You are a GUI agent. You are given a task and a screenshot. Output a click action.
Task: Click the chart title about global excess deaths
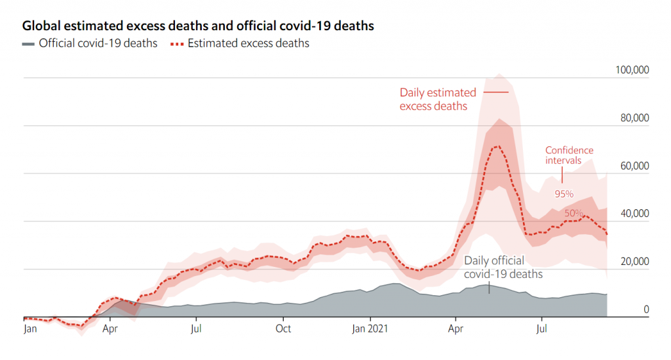point(199,26)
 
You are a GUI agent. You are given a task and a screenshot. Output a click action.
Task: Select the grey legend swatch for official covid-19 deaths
point(28,44)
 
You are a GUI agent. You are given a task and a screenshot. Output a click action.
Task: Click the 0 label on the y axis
point(645,309)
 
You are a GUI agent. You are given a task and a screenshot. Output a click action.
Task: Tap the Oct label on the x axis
point(283,329)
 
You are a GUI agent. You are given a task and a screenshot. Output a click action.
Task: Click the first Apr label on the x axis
point(111,329)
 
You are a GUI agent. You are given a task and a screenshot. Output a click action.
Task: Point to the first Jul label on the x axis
point(196,329)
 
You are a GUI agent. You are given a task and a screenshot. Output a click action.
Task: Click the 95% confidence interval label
point(564,194)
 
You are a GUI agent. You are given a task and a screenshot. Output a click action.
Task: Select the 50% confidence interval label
point(574,214)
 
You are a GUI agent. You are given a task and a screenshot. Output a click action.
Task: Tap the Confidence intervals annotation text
point(569,155)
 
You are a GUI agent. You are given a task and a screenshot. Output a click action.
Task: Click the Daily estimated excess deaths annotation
point(438,99)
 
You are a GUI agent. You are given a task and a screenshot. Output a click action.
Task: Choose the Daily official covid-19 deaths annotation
point(503,268)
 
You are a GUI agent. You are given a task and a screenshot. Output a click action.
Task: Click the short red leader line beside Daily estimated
point(495,92)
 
